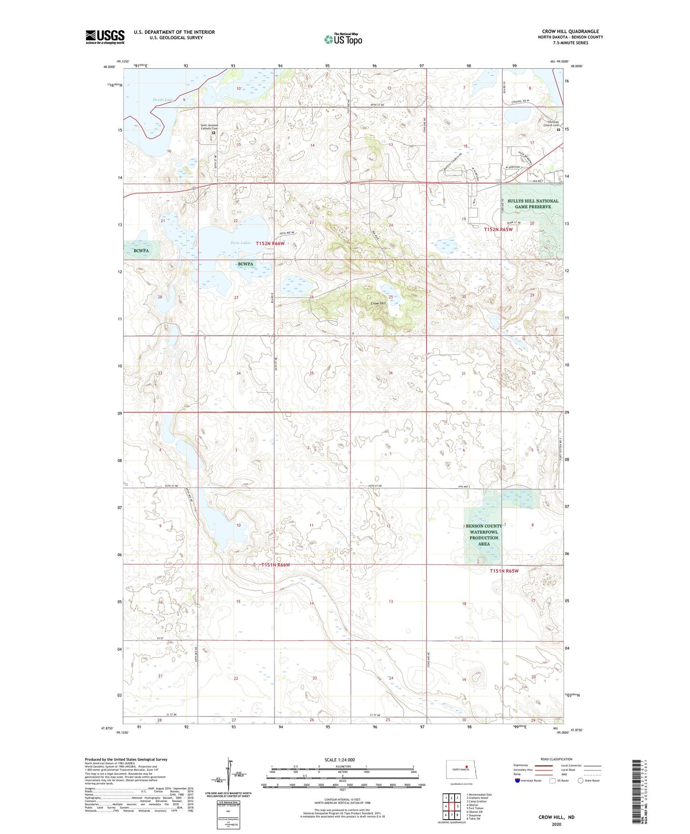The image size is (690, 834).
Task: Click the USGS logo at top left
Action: tap(105, 36)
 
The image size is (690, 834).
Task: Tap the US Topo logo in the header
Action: tap(343, 39)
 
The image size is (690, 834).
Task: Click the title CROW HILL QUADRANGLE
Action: tap(570, 32)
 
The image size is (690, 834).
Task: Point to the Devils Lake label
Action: tap(163, 100)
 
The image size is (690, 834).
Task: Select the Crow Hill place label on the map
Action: tap(378, 303)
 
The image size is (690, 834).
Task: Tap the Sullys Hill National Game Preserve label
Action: tap(532, 204)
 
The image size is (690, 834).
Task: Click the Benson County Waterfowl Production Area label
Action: tap(483, 535)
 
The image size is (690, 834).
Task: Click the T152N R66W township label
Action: tap(270, 244)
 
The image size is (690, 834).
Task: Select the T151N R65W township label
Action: tap(504, 571)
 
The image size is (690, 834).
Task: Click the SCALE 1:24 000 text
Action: tap(340, 759)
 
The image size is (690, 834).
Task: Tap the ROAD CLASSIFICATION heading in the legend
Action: tap(556, 759)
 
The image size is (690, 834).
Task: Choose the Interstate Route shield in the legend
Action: tap(517, 781)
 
